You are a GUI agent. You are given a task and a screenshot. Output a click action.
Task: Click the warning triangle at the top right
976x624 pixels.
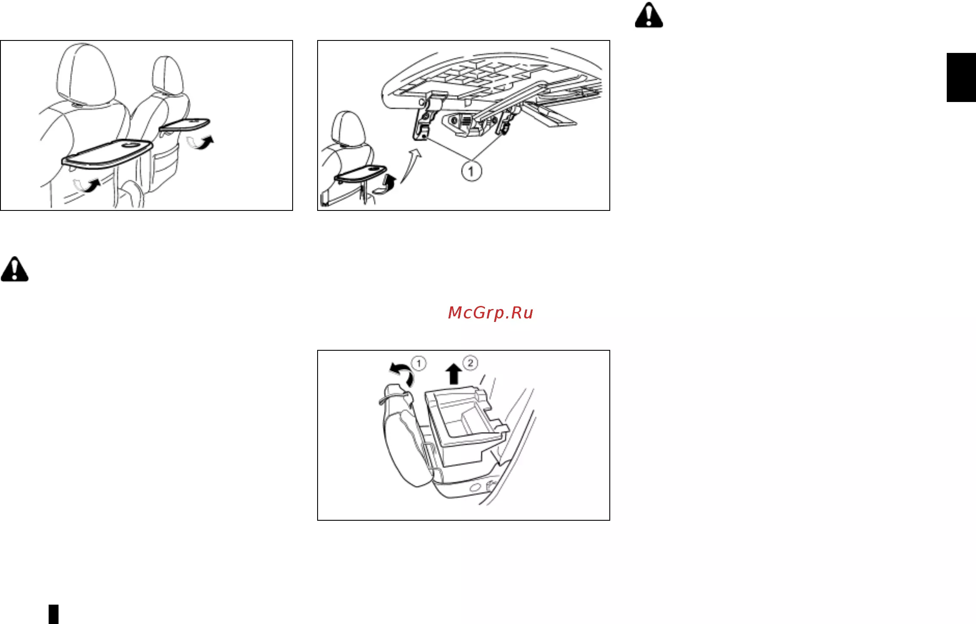(649, 15)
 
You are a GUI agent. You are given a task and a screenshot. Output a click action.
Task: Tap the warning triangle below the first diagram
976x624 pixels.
(15, 269)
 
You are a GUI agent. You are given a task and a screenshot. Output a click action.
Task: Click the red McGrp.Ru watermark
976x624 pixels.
(491, 313)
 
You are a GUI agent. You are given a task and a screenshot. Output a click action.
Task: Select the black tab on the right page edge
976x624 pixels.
(961, 77)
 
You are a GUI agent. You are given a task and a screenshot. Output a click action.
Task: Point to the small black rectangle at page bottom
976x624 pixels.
(53, 614)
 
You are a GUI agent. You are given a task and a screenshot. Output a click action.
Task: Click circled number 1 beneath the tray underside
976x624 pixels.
(471, 172)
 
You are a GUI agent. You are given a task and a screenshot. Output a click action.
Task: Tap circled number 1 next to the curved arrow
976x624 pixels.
(419, 363)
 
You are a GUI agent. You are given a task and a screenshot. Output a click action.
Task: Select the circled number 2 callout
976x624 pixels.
(470, 363)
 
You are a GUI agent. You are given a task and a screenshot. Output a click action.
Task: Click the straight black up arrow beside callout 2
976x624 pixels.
(454, 374)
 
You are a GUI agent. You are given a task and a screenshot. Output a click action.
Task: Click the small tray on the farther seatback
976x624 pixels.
(184, 124)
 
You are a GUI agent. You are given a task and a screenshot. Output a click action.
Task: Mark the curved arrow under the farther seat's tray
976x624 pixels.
(201, 142)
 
